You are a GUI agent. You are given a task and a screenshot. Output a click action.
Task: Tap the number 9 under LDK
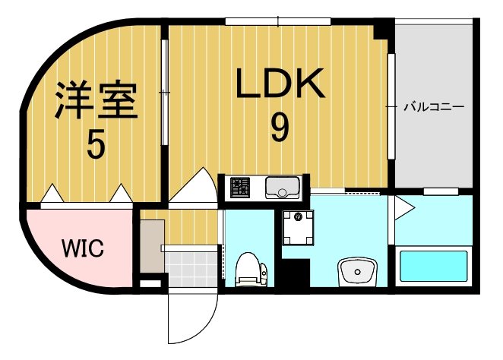(x=280, y=127)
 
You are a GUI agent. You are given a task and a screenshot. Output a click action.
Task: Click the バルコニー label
(x=433, y=106)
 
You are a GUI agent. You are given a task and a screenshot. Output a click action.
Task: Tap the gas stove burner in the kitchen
(x=240, y=187)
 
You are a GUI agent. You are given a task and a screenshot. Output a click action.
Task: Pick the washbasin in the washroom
(x=356, y=270)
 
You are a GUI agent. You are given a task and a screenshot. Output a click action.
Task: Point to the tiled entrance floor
(x=190, y=268)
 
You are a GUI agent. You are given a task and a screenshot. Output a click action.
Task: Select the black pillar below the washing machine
(x=296, y=272)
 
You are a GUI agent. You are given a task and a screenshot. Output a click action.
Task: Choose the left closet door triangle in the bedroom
(x=51, y=194)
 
